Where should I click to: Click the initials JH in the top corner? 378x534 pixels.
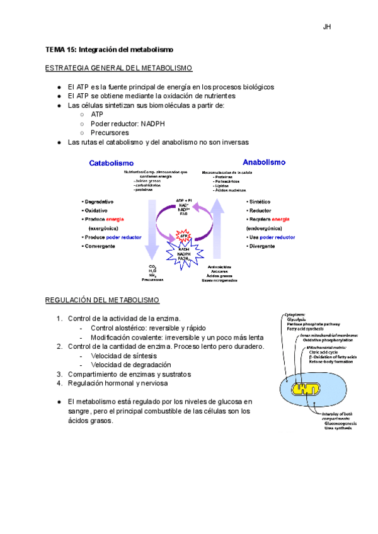click(327, 26)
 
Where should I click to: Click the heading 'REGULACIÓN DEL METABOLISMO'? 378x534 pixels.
click(102, 300)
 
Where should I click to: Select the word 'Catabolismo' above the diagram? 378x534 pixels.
click(111, 162)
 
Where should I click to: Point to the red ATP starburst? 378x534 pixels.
click(185, 236)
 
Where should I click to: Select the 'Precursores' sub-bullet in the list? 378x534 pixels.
click(110, 133)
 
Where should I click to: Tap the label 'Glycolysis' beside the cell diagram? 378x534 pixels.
click(297, 319)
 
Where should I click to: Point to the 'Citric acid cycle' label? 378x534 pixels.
click(326, 352)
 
